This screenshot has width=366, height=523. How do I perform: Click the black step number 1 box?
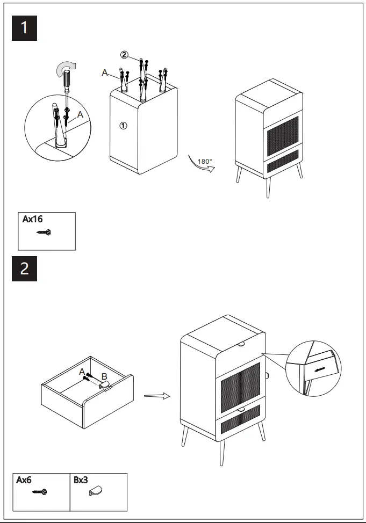click(25, 28)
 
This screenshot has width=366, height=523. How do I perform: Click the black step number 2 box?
click(25, 268)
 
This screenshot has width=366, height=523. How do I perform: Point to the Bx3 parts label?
click(81, 480)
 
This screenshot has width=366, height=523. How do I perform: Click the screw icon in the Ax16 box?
click(44, 233)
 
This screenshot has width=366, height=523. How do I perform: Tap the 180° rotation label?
click(205, 161)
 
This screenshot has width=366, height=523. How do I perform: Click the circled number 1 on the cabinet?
click(123, 126)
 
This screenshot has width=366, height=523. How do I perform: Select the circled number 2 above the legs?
click(124, 55)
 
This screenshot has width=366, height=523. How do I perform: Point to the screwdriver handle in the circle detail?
click(66, 81)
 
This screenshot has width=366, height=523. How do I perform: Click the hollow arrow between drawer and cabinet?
click(156, 396)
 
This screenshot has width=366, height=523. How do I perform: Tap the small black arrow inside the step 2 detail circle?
click(320, 369)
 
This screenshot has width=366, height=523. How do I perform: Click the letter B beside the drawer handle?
click(104, 375)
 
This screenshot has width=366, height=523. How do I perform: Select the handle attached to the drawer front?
click(104, 385)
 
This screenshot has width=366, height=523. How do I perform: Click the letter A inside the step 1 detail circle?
click(80, 114)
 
